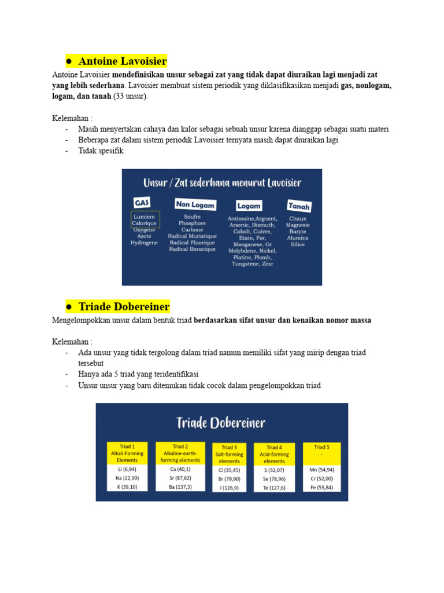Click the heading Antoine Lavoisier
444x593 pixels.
(122, 61)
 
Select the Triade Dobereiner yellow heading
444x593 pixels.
(124, 306)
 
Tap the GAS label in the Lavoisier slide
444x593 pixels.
(142, 203)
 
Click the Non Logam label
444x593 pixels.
(195, 204)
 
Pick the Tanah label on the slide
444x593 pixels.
(299, 206)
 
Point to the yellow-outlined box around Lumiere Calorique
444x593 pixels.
(145, 219)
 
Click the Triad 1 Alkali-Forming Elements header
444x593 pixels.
(127, 453)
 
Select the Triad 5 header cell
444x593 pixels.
(321, 451)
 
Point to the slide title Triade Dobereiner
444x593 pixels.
(221, 422)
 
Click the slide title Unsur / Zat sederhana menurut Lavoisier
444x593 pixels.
(222, 183)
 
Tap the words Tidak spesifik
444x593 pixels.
(101, 151)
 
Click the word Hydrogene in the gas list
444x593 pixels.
(144, 243)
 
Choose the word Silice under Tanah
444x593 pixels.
(298, 244)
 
